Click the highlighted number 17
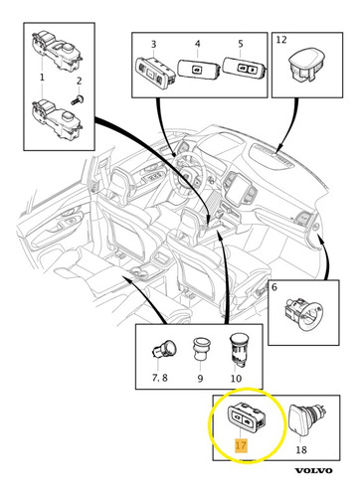pyautogui.click(x=241, y=445)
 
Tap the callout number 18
pyautogui.click(x=301, y=449)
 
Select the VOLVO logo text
pyautogui.click(x=313, y=470)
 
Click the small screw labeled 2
pyautogui.click(x=78, y=99)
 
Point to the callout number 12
pyautogui.click(x=281, y=40)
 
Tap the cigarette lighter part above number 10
pyautogui.click(x=238, y=350)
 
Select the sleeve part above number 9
pyautogui.click(x=200, y=350)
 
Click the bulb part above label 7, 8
pyautogui.click(x=164, y=351)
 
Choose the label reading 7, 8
pyautogui.click(x=160, y=378)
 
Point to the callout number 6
pyautogui.click(x=274, y=287)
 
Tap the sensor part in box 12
pyautogui.click(x=306, y=65)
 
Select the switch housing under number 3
pyautogui.click(x=155, y=73)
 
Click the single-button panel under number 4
pyautogui.click(x=199, y=69)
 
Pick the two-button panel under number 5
pyautogui.click(x=245, y=69)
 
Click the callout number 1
pyautogui.click(x=42, y=78)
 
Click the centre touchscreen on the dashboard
pyautogui.click(x=236, y=188)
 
